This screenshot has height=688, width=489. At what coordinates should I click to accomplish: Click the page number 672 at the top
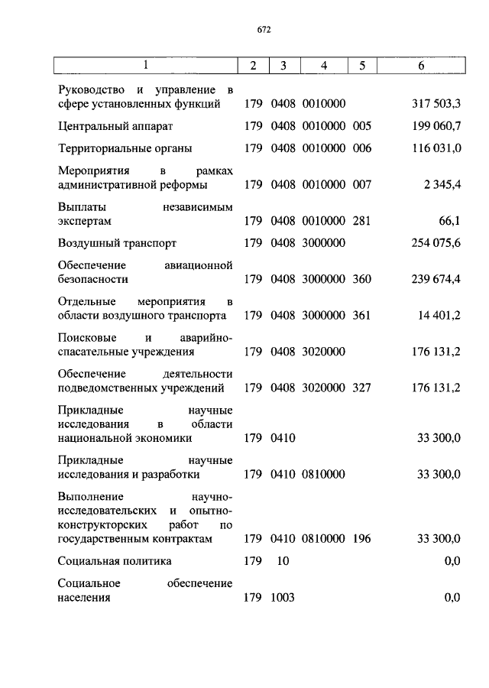coord(264,31)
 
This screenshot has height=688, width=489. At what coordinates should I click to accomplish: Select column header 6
coord(421,67)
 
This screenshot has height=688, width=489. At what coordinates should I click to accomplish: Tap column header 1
coord(145,67)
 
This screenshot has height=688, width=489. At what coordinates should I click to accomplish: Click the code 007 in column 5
coord(362,185)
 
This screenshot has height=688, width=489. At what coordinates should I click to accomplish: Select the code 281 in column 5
coord(362,221)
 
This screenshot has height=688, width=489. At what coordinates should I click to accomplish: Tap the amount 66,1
coord(449,221)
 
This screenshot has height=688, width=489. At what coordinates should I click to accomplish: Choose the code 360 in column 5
coord(362,279)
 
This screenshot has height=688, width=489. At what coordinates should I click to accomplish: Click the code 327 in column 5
coord(362,388)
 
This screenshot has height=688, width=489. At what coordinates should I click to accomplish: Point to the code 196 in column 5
coord(362,539)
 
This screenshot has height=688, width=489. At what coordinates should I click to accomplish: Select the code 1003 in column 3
coord(283,598)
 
